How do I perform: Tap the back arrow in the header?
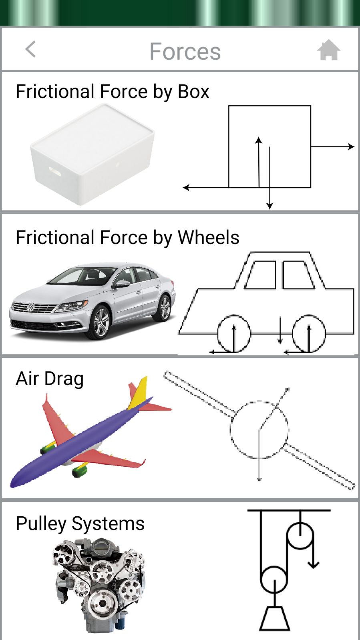pyautogui.click(x=30, y=50)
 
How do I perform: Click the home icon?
pyautogui.click(x=328, y=50)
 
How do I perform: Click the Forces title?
pyautogui.click(x=185, y=51)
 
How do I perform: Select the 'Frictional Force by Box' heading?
pyautogui.click(x=113, y=92)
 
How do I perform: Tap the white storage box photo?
pyautogui.click(x=93, y=154)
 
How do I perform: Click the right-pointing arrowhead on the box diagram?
pyautogui.click(x=351, y=147)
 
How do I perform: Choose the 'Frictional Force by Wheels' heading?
pyautogui.click(x=127, y=237)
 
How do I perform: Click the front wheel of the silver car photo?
pyautogui.click(x=101, y=323)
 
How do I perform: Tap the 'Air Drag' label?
pyautogui.click(x=50, y=379)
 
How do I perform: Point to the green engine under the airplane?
pyautogui.click(x=79, y=470)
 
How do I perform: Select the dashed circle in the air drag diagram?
pyautogui.click(x=259, y=429)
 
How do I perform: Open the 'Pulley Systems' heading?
pyautogui.click(x=80, y=524)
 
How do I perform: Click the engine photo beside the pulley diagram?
pyautogui.click(x=99, y=584)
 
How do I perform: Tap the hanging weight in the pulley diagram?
pyautogui.click(x=275, y=619)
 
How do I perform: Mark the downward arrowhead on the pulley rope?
pyautogui.click(x=313, y=565)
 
